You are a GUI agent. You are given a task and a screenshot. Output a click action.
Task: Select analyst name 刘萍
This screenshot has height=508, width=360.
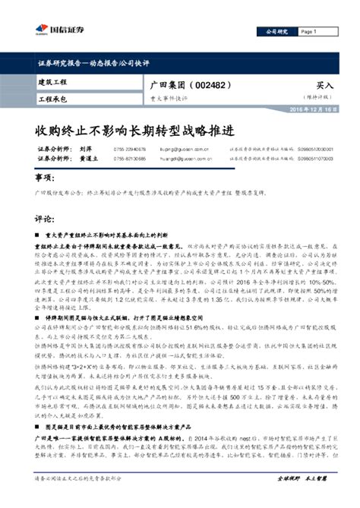point(87,150)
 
